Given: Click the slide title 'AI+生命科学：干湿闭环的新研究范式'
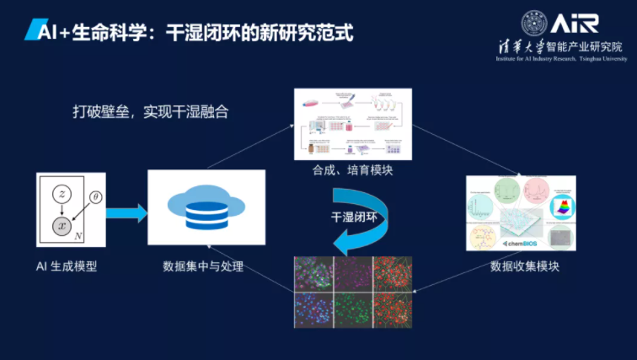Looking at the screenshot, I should pos(189,31).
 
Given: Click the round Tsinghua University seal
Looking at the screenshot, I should pos(535,24).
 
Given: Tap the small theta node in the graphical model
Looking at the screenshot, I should pos(95,197).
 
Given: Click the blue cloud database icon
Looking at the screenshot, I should pos(206,209).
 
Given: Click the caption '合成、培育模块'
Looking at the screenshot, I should pos(351,171).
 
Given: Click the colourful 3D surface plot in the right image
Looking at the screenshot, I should pos(559,208).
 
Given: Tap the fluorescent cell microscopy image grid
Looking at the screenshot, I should pos(352,292).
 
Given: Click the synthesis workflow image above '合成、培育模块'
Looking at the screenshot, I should pos(351,124).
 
